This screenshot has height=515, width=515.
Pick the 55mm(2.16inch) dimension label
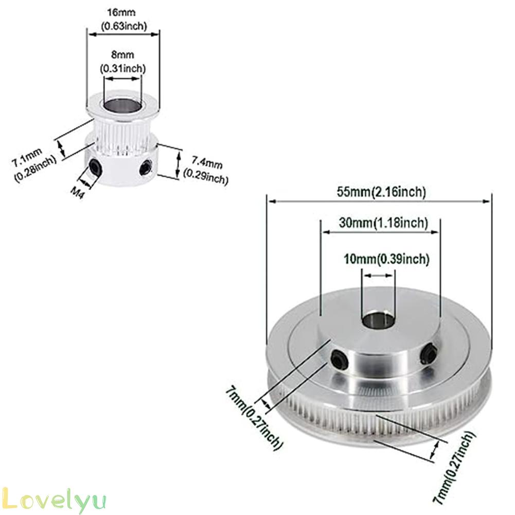point(381,192)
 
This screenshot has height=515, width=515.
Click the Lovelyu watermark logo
point(54,500)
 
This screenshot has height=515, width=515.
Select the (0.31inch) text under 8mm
point(122,68)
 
